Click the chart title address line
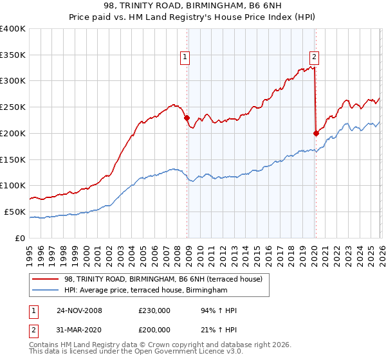(193, 7)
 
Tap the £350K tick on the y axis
(13, 55)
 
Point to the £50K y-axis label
(15, 212)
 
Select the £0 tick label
(20, 238)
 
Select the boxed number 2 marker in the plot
(315, 56)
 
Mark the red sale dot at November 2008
(187, 118)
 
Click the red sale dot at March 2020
(316, 133)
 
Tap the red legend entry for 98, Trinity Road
(163, 280)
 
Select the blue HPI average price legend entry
(146, 291)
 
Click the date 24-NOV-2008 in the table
(79, 310)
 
